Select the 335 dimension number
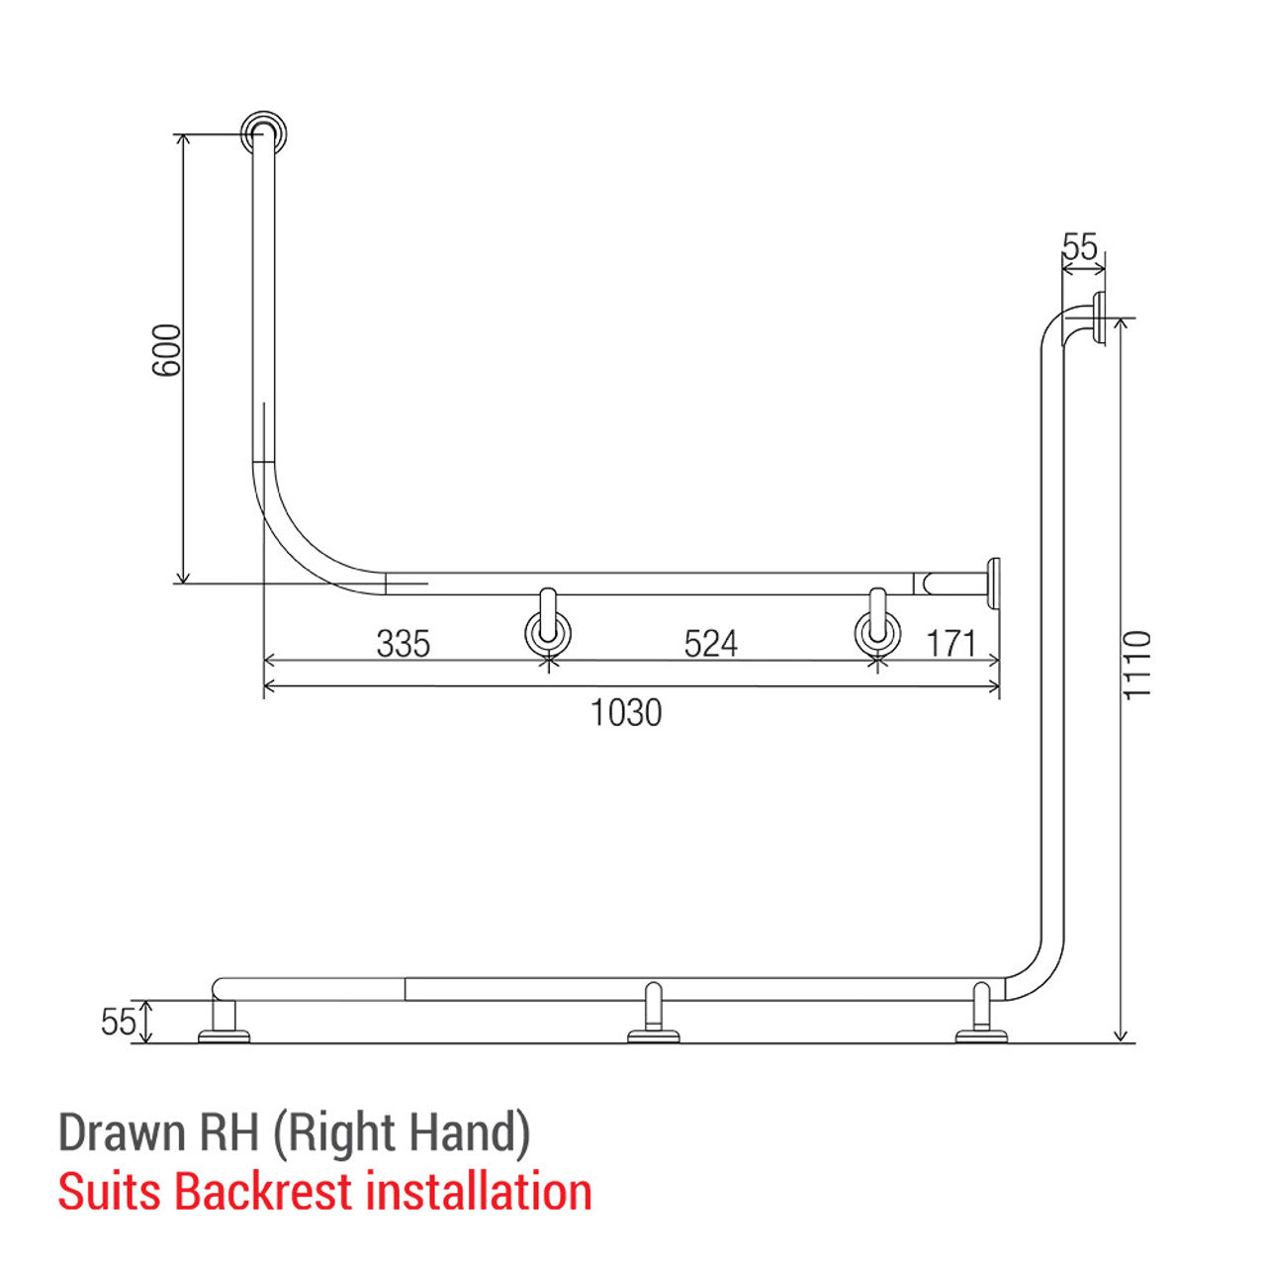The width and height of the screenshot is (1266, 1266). click(x=404, y=644)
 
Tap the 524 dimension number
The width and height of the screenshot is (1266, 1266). click(x=710, y=644)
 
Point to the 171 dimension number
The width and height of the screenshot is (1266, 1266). click(x=951, y=644)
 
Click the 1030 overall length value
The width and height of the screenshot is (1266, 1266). click(x=626, y=712)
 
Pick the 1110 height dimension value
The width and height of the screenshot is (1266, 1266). click(x=1138, y=664)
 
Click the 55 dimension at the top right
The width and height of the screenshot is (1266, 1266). click(x=1080, y=246)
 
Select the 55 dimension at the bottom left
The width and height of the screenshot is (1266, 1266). click(x=118, y=1022)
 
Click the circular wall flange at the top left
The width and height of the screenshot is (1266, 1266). click(x=264, y=134)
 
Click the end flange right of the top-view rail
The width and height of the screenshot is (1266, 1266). click(x=992, y=584)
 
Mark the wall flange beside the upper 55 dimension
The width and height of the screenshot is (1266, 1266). click(x=1098, y=319)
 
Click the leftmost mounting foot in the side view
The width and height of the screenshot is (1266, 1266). click(x=225, y=1024)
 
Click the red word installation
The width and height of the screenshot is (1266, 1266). click(x=479, y=1192)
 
